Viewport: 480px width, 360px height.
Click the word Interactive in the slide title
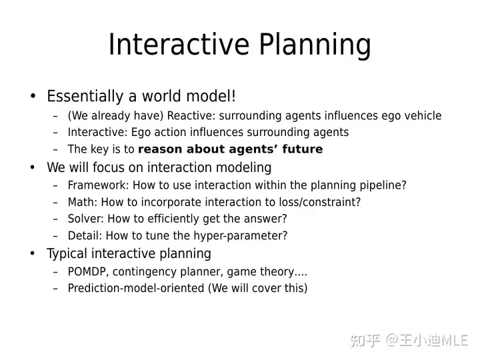point(179,44)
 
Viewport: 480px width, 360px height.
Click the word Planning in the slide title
point(315,46)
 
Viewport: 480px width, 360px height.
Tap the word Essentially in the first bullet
point(85,97)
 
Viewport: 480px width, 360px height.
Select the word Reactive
point(191,116)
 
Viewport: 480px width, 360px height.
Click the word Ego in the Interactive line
point(141,133)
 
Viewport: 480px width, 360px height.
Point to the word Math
point(83,202)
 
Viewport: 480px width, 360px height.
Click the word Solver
point(86,219)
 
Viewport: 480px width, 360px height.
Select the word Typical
point(67,254)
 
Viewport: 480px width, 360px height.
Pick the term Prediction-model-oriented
point(136,288)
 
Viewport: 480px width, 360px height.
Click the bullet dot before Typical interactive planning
point(33,253)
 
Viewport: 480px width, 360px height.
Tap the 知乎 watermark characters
point(365,340)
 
